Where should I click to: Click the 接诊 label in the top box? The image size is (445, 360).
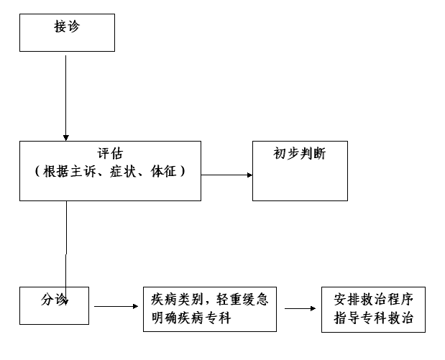click(67, 27)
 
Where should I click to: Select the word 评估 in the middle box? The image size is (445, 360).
click(111, 154)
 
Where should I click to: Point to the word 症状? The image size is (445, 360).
click(123, 172)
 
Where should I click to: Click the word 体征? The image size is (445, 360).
click(164, 172)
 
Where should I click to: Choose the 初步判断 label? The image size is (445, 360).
click(300, 154)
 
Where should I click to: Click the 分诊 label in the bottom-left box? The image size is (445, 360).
click(55, 300)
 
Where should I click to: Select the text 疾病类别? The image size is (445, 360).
click(177, 300)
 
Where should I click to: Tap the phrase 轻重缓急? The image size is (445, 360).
click(242, 300)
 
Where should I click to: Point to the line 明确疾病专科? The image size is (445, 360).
click(191, 318)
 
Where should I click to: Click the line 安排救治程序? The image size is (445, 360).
click(374, 300)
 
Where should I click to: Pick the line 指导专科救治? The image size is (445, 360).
click(374, 318)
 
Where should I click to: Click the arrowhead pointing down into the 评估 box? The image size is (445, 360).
click(66, 138)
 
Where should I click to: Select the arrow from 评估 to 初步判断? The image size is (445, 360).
click(226, 175)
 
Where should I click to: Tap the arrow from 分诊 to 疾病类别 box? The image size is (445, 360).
click(116, 306)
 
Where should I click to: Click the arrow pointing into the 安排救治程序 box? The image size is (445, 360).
click(301, 308)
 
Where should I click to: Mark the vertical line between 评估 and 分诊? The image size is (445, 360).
click(66, 253)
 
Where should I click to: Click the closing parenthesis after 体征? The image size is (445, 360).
click(183, 172)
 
